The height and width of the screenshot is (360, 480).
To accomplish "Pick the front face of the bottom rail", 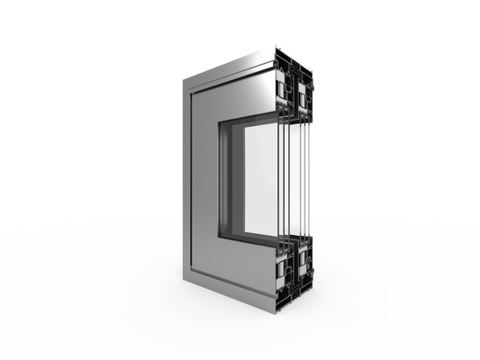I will (x=239, y=270).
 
